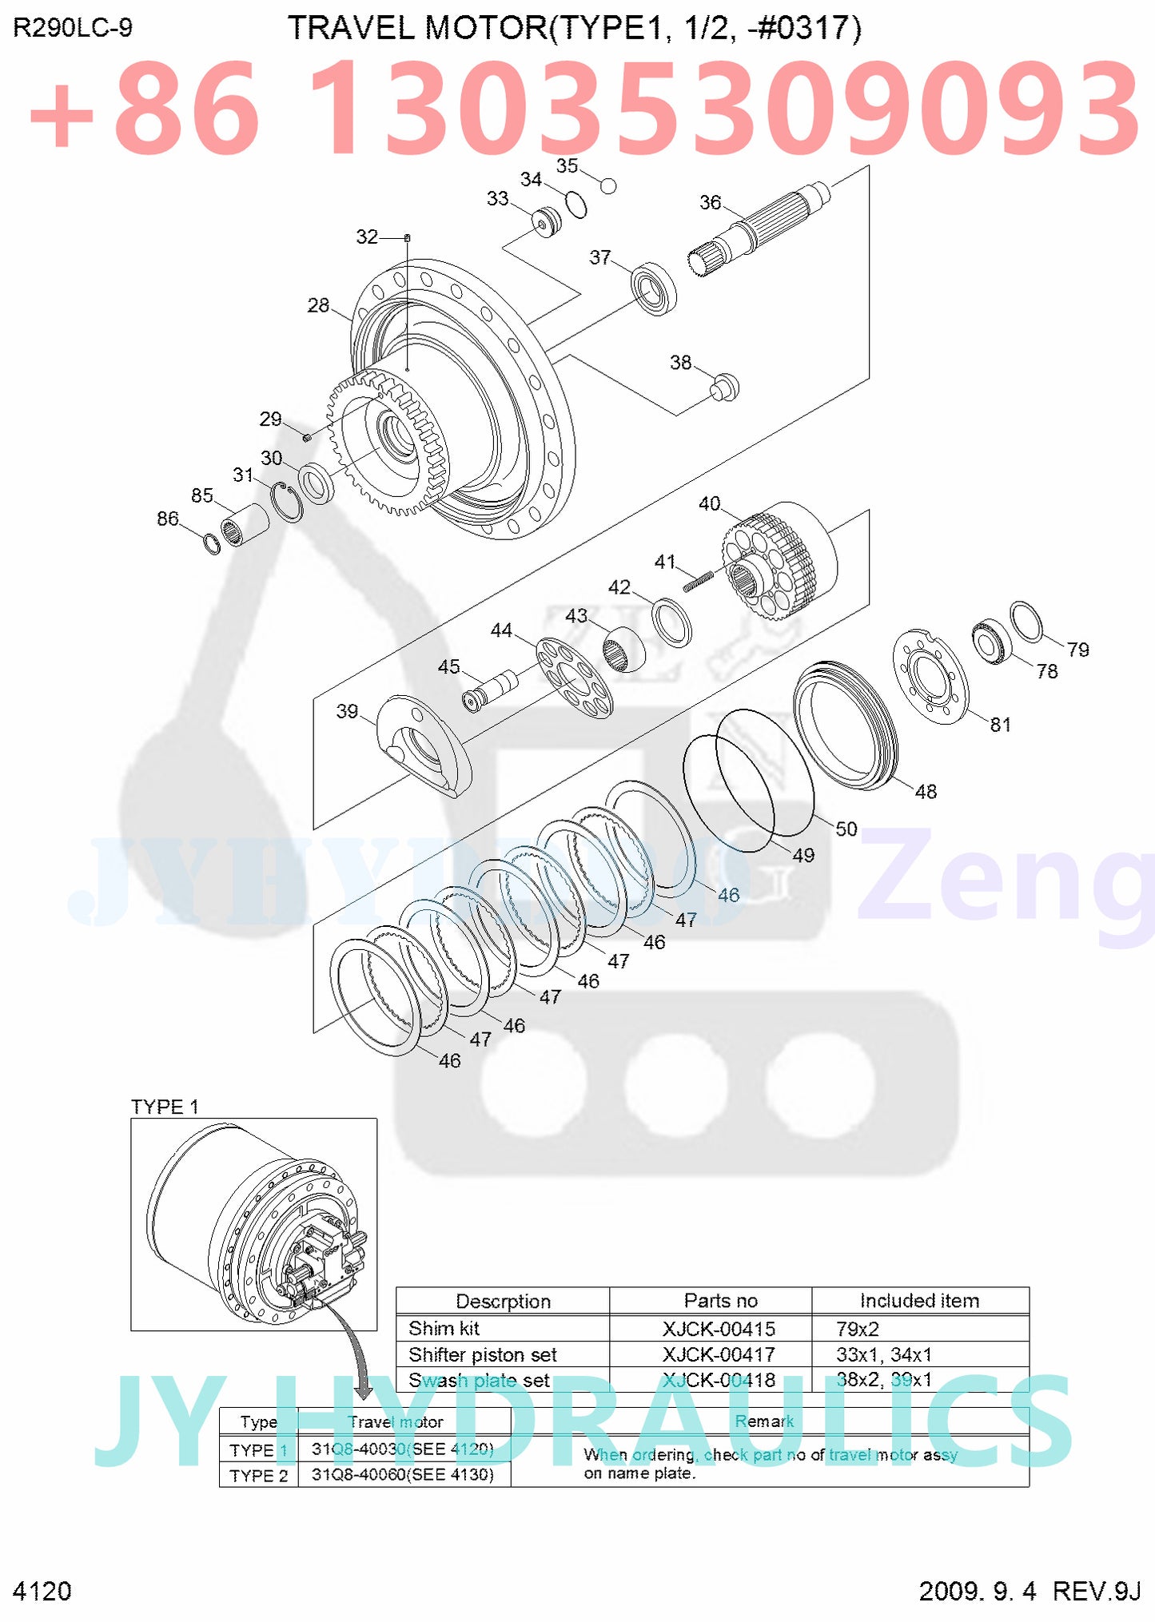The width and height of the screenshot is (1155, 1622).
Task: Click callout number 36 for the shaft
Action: tap(710, 203)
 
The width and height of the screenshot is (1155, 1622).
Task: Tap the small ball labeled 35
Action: tap(608, 186)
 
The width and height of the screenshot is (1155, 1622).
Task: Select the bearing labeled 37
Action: tap(654, 288)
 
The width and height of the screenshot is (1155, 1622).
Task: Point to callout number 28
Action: tap(318, 305)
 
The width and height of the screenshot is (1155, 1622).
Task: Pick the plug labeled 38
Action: tap(725, 387)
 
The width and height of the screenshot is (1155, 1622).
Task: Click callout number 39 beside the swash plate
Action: tap(347, 711)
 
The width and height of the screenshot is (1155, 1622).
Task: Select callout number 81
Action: tap(1000, 725)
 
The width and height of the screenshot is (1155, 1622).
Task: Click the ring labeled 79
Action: tap(1026, 622)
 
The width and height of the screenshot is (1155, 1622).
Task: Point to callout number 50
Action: tap(846, 829)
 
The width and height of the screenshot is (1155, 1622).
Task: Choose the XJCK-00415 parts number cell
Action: tap(719, 1329)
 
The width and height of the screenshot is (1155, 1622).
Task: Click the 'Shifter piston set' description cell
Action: tap(483, 1354)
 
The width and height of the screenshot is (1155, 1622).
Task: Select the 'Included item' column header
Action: tap(919, 1301)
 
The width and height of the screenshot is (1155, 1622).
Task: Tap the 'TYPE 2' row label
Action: tap(258, 1475)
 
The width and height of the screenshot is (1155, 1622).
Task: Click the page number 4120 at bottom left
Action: tap(42, 1591)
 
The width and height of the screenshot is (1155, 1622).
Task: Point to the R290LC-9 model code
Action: tap(73, 29)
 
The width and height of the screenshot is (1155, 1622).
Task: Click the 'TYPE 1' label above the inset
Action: tap(165, 1107)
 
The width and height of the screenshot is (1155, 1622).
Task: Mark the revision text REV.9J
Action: tap(1096, 1591)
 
